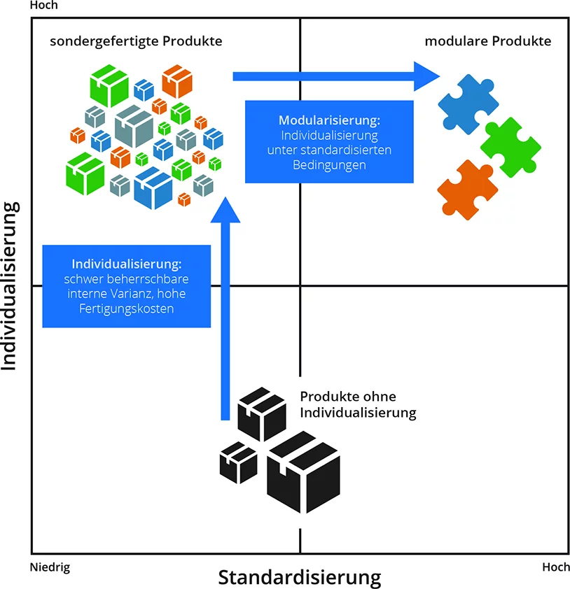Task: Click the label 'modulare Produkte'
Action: pyautogui.click(x=488, y=41)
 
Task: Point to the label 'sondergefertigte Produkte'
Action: pyautogui.click(x=136, y=41)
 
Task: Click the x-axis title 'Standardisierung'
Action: pyautogui.click(x=300, y=578)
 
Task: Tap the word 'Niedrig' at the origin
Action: pyautogui.click(x=50, y=567)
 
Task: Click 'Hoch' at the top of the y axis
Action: pyautogui.click(x=44, y=6)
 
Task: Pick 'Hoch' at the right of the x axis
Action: pyautogui.click(x=555, y=567)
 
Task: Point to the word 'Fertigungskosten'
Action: pyautogui.click(x=126, y=308)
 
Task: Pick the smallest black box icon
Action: pyautogui.click(x=238, y=462)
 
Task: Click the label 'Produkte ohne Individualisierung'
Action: pyautogui.click(x=357, y=404)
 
